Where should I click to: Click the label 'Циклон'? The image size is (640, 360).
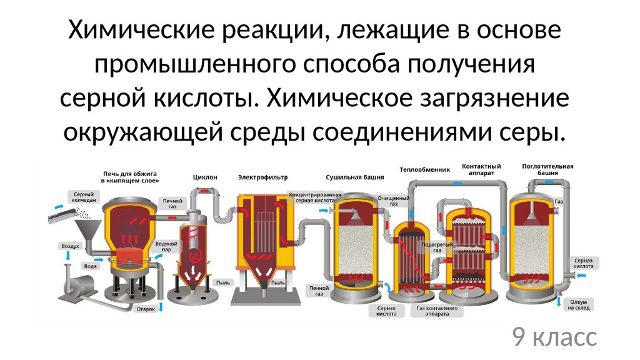pyautogui.click(x=205, y=177)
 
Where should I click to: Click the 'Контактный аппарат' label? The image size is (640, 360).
pyautogui.click(x=481, y=169)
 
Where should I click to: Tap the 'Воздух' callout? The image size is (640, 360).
pyautogui.click(x=70, y=246)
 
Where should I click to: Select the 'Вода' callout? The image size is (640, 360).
pyautogui.click(x=90, y=265)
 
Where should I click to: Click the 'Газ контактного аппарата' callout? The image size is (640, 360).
pyautogui.click(x=437, y=311)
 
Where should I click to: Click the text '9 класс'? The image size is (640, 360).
pyautogui.click(x=554, y=337)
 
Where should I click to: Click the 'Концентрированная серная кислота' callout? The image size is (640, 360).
pyautogui.click(x=314, y=198)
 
